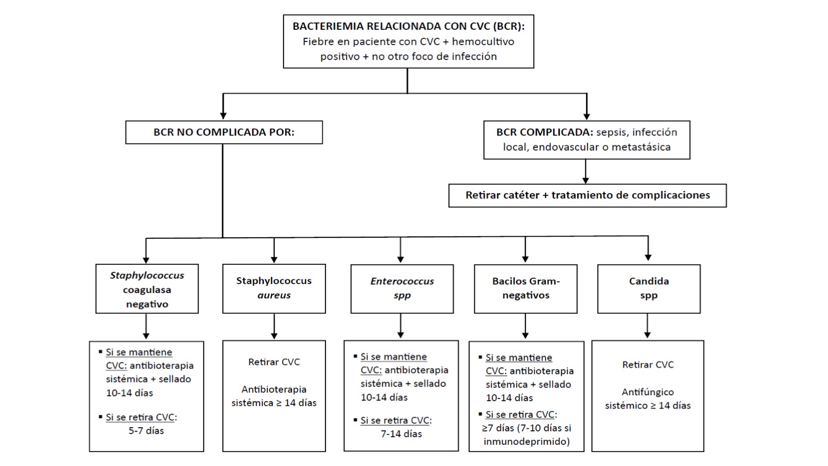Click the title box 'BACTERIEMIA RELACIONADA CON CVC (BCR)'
pyautogui.click(x=408, y=41)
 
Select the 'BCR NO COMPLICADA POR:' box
pyautogui.click(x=224, y=132)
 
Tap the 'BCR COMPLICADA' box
pyautogui.click(x=587, y=140)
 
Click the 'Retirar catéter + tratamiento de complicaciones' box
pyautogui.click(x=587, y=195)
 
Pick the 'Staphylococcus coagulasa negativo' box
pyautogui.click(x=147, y=289)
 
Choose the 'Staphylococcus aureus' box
pyautogui.click(x=274, y=289)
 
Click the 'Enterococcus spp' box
pyautogui.click(x=402, y=289)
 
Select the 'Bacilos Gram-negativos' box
pyautogui.click(x=525, y=289)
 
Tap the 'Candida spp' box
pyautogui.click(x=649, y=289)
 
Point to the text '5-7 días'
pyautogui.click(x=146, y=430)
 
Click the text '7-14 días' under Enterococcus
pyautogui.click(x=402, y=434)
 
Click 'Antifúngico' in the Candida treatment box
pyautogui.click(x=648, y=392)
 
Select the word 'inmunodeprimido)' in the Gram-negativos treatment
pyautogui.click(x=526, y=442)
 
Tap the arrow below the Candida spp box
pyautogui.click(x=647, y=326)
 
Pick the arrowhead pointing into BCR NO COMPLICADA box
pyautogui.click(x=223, y=116)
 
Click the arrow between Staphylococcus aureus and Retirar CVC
pyautogui.click(x=274, y=326)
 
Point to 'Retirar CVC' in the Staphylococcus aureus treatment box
pyautogui.click(x=274, y=362)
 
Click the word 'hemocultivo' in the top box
pyautogui.click(x=483, y=41)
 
